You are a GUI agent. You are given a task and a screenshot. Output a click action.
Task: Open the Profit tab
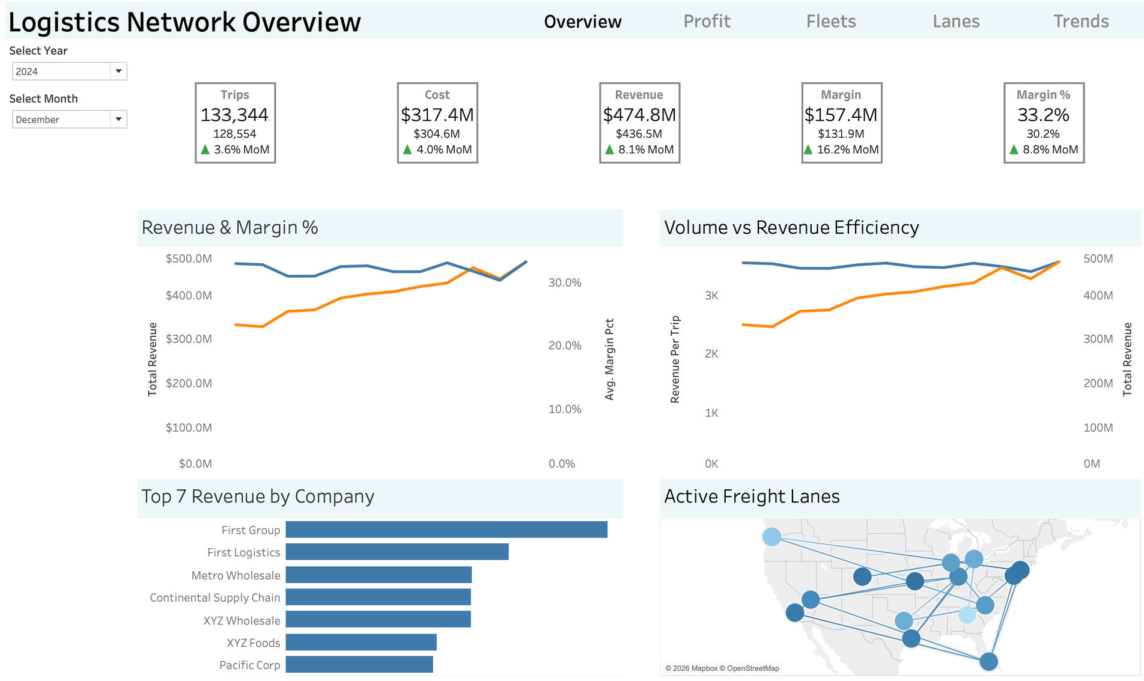point(707,22)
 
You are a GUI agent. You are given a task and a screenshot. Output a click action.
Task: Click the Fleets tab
point(831,22)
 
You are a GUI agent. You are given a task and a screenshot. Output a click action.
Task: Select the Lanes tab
point(956,22)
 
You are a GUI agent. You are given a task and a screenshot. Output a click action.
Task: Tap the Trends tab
point(1081,22)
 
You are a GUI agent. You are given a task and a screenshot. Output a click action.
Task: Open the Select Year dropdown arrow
point(118,71)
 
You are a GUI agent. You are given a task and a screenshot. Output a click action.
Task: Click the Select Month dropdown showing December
point(69,119)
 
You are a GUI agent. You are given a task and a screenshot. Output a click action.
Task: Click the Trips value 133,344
point(234,115)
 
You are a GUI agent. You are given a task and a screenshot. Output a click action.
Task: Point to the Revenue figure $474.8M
point(639,115)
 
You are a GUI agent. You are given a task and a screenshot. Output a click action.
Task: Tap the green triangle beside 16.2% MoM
point(808,150)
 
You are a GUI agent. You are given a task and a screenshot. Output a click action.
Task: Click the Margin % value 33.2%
point(1043,115)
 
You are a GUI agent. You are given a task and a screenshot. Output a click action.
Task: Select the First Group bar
point(446,530)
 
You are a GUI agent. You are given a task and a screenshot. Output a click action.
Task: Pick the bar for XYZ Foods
point(361,642)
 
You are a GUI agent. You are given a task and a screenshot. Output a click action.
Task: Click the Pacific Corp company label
point(249,665)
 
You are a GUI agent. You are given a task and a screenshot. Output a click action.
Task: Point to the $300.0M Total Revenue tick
point(189,339)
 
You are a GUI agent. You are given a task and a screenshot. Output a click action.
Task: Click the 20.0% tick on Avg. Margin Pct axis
point(565,346)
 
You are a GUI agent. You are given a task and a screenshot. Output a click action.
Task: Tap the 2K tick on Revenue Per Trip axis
point(711,354)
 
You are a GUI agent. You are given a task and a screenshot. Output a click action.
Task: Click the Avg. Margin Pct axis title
point(609,359)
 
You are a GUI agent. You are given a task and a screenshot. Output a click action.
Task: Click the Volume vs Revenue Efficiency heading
point(791,227)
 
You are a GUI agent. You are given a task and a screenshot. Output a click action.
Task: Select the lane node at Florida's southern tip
point(988,662)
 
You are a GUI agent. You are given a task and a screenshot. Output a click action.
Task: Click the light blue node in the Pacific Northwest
point(771,537)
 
